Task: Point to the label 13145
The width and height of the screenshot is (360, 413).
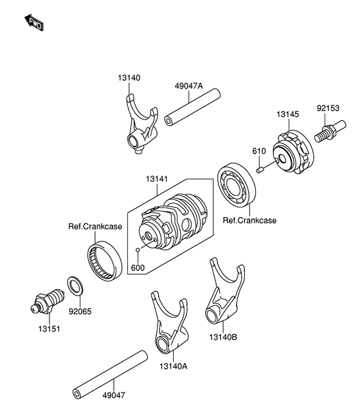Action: pyautogui.click(x=287, y=114)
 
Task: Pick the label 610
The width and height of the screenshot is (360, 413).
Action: pyautogui.click(x=258, y=151)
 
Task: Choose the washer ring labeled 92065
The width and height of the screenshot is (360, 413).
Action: pyautogui.click(x=75, y=284)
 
